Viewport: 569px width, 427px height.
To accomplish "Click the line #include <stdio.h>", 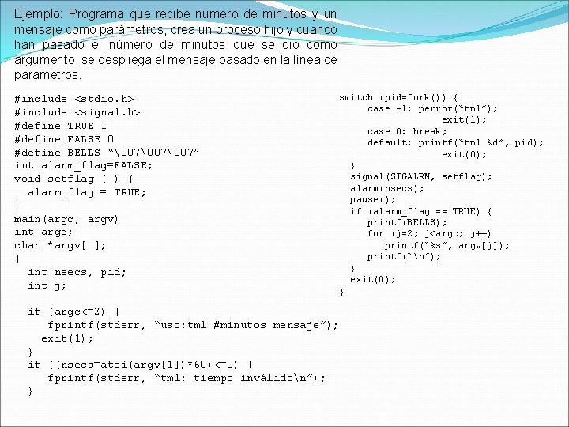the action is tap(74, 99).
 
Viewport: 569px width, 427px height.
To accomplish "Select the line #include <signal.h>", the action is tap(77, 112).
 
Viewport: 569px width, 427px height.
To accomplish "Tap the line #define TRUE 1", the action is tap(60, 126).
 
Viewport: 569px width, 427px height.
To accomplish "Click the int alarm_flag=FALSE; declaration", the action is tap(84, 165).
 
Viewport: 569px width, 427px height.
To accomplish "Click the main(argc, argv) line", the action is tap(66, 218).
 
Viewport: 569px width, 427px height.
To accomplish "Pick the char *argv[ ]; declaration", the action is tap(60, 245).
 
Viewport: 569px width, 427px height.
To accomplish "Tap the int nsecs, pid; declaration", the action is tap(77, 272).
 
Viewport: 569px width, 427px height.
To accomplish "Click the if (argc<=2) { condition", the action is tap(74, 312).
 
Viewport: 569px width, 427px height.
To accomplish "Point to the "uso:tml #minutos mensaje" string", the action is tap(246, 325).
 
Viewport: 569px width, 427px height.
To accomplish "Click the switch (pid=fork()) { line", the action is tap(398, 97).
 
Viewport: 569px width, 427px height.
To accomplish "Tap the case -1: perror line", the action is tap(432, 108).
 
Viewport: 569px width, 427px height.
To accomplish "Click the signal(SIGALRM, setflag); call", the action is tap(421, 176).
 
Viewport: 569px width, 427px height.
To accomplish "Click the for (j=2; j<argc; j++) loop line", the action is tap(429, 233).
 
